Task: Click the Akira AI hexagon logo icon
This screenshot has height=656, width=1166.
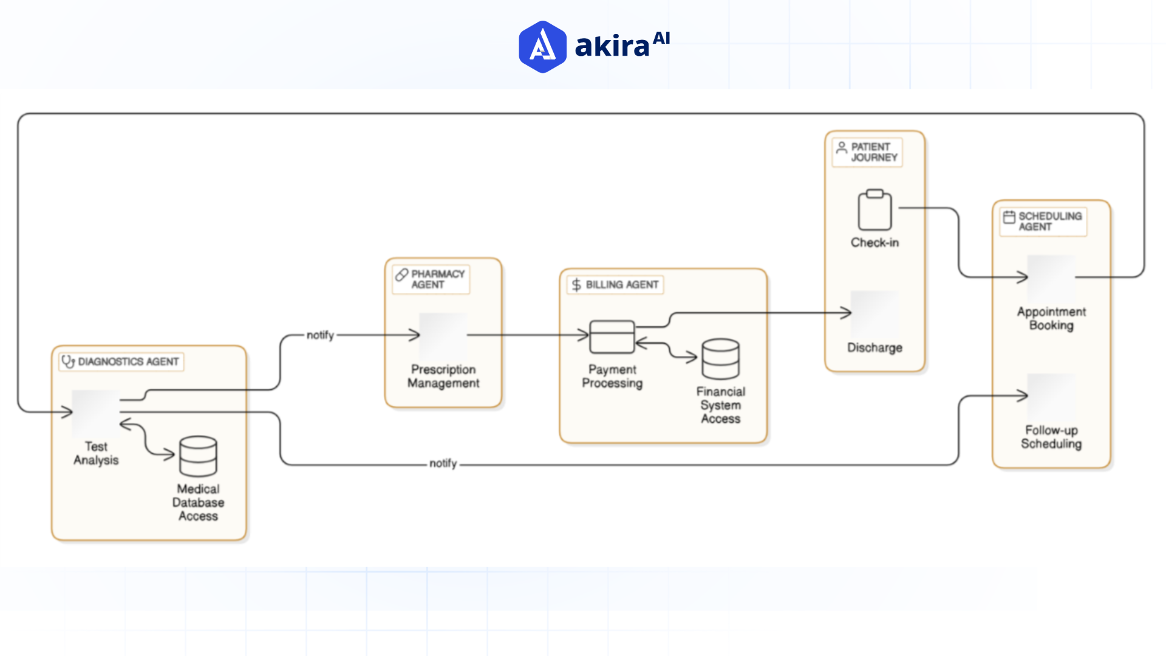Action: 542,47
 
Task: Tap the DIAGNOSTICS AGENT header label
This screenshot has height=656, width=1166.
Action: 128,362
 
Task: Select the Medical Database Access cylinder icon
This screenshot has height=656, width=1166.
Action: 198,456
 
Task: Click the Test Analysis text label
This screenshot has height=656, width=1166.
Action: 96,454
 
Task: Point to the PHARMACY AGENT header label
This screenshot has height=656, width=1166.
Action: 437,279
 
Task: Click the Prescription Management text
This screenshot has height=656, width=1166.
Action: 443,377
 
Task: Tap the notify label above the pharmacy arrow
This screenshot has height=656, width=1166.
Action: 320,335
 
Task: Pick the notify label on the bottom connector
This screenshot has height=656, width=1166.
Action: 443,463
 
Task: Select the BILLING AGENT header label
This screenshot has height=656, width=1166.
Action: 622,285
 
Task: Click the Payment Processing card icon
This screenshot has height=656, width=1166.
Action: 612,337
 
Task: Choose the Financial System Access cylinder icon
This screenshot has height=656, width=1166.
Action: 720,359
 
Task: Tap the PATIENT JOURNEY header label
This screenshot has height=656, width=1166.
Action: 873,152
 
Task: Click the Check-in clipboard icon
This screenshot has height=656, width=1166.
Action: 874,210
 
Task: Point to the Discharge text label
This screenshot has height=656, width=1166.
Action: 874,348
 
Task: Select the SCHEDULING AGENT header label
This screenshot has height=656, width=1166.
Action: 1049,222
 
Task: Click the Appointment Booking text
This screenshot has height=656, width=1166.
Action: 1051,319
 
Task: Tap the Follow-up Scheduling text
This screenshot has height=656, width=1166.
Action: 1051,437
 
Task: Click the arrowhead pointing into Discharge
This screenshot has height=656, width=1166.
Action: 847,313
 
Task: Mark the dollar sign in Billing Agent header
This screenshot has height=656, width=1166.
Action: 576,285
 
